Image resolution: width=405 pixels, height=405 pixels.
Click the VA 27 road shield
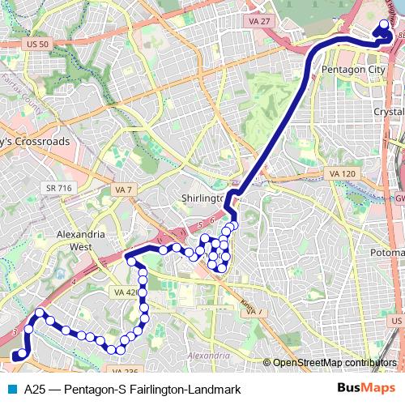260,22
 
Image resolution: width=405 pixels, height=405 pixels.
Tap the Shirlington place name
202,198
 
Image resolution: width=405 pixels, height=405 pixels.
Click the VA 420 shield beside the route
126,292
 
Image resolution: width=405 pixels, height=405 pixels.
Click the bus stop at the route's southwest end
14,356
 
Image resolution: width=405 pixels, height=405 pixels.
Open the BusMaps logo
367,389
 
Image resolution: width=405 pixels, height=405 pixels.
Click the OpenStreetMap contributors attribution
335,362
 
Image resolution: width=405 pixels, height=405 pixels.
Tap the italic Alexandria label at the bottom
209,356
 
